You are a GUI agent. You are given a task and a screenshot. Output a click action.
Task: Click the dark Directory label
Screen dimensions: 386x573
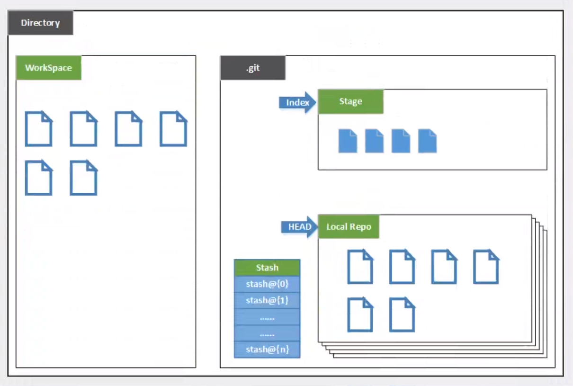pyautogui.click(x=40, y=23)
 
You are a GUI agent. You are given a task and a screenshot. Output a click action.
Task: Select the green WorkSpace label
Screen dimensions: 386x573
pyautogui.click(x=48, y=68)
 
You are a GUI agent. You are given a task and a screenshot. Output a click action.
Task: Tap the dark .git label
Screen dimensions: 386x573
pyautogui.click(x=253, y=68)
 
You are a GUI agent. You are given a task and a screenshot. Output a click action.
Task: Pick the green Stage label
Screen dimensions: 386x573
pyautogui.click(x=350, y=101)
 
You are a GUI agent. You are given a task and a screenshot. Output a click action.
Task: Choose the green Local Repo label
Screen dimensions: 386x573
pyautogui.click(x=349, y=227)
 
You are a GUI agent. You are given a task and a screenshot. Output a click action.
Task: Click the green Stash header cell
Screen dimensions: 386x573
pyautogui.click(x=267, y=268)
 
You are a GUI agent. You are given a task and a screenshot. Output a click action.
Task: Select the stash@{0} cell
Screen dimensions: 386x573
pyautogui.click(x=267, y=284)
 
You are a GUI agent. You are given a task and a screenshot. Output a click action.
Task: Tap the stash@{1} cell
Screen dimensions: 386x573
pyautogui.click(x=267, y=300)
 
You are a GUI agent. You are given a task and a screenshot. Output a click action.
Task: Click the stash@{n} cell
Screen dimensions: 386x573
pyautogui.click(x=267, y=350)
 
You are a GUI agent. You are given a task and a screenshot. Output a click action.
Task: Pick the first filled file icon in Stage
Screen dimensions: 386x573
pyautogui.click(x=348, y=141)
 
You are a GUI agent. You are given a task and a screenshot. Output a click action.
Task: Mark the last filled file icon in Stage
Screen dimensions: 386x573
pyautogui.click(x=427, y=141)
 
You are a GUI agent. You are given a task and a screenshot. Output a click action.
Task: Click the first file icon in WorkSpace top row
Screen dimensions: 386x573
pyautogui.click(x=38, y=129)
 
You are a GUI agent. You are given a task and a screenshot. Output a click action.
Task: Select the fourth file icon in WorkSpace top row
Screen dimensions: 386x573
pyautogui.click(x=173, y=129)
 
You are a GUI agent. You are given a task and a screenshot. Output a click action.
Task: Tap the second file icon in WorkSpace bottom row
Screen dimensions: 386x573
pyautogui.click(x=83, y=178)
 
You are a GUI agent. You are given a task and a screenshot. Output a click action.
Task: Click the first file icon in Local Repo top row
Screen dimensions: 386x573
pyautogui.click(x=360, y=267)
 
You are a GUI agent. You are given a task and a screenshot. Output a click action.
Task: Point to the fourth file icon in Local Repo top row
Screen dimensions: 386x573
pyautogui.click(x=486, y=267)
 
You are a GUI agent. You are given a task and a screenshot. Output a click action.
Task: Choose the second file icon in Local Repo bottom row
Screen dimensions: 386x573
pyautogui.click(x=402, y=314)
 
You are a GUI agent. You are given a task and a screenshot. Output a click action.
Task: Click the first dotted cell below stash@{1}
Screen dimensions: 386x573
pyautogui.click(x=267, y=317)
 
